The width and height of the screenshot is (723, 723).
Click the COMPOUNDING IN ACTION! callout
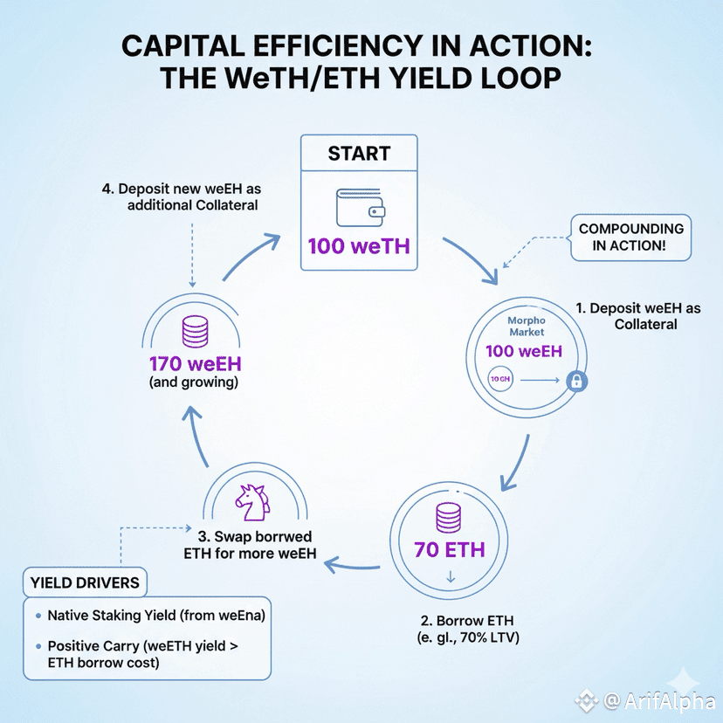pyautogui.click(x=631, y=238)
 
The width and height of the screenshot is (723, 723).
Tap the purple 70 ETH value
pyautogui.click(x=448, y=551)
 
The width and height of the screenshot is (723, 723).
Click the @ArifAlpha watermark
pyautogui.click(x=652, y=700)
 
